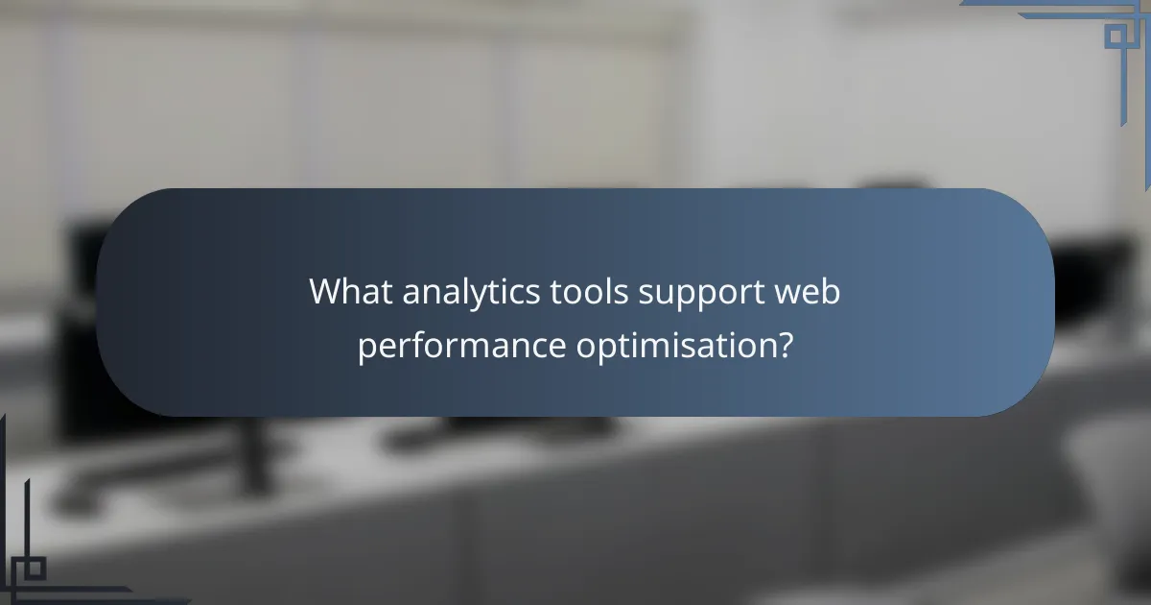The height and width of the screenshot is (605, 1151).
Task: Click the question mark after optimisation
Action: point(785,344)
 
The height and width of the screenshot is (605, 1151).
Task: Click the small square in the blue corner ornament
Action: point(1115,36)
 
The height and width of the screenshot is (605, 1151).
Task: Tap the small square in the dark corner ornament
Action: point(35,569)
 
